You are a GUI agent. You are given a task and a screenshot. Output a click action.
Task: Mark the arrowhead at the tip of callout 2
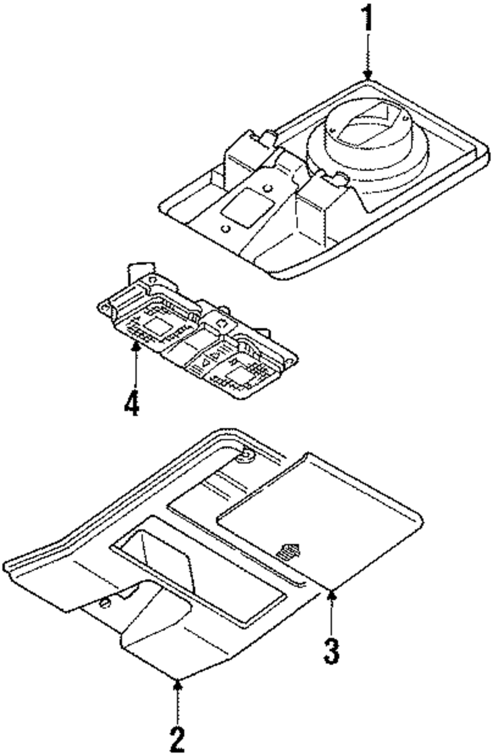177,683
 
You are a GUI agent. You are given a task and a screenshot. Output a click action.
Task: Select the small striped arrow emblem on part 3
289,550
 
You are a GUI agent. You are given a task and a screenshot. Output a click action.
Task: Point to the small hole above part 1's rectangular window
267,187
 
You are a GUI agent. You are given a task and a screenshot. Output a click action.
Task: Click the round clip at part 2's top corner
243,457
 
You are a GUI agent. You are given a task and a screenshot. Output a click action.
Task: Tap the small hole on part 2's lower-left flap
104,603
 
